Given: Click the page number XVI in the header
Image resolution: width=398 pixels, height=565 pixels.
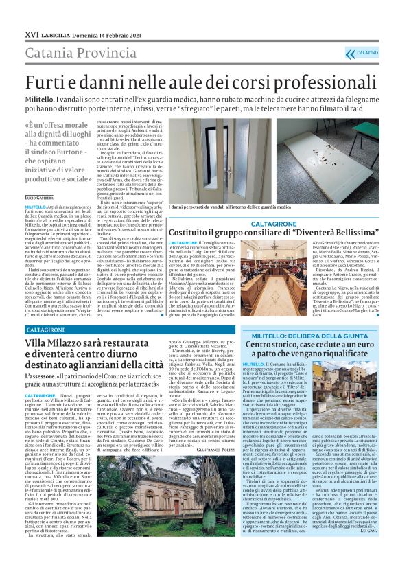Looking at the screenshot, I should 31,34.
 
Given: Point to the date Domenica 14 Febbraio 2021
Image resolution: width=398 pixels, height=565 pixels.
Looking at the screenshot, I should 111,34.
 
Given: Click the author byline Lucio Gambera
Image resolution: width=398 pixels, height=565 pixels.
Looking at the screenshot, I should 41,197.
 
